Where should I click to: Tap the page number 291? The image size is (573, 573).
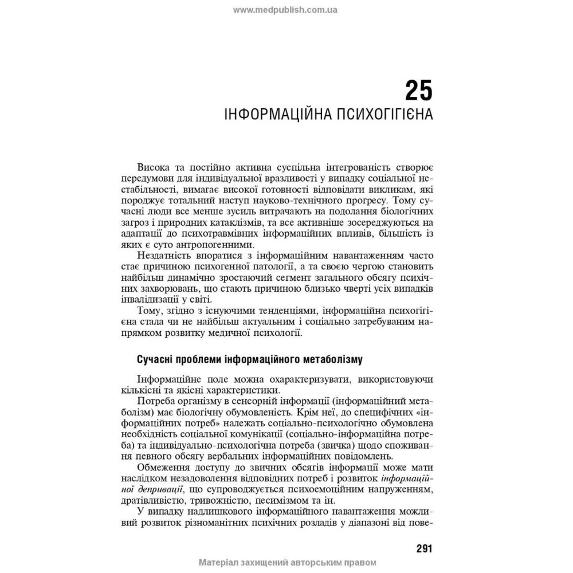pyautogui.click(x=424, y=548)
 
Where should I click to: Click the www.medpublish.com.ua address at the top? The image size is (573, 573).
pyautogui.click(x=285, y=9)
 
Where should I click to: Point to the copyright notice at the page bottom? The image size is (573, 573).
pyautogui.click(x=287, y=563)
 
